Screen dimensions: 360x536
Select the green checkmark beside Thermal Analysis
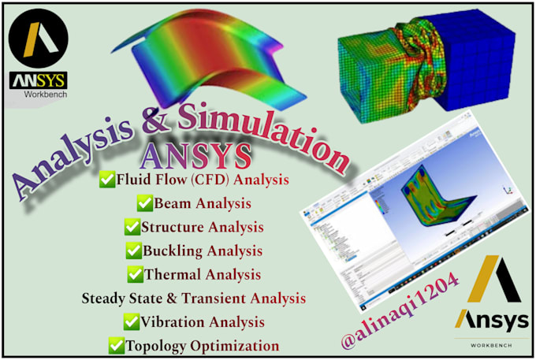coord(134,275)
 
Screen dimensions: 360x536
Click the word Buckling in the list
coord(171,251)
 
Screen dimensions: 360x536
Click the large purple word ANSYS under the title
coord(199,154)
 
